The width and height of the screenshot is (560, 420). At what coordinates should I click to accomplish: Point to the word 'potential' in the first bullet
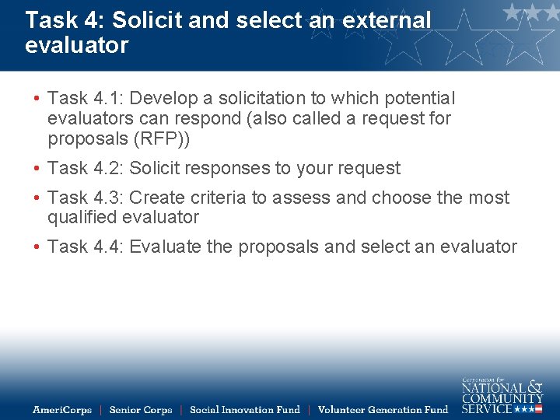coord(417,99)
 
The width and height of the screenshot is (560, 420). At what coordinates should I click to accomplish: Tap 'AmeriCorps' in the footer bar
coord(61,410)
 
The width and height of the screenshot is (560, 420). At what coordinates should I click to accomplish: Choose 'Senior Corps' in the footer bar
coord(141,410)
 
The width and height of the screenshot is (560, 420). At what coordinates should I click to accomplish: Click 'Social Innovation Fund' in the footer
coord(244,410)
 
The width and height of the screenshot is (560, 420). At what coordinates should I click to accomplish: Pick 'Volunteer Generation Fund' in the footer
coord(383,410)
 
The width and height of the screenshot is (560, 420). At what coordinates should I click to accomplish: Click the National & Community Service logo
coord(502,395)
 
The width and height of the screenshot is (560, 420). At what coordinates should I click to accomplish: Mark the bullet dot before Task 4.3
coord(37,198)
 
